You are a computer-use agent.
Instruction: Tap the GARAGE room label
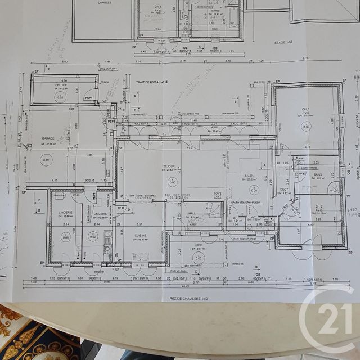48,138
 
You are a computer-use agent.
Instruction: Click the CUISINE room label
140,235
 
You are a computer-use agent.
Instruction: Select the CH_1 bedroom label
305,109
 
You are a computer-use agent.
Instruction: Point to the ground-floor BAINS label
317,174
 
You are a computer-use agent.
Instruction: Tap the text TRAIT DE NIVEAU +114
152,82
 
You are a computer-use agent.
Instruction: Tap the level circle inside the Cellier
60,98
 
